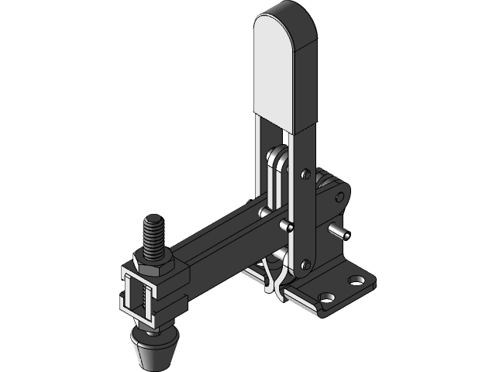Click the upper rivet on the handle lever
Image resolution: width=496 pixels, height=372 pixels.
[305, 173]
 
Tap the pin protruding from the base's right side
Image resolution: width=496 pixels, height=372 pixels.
[339, 231]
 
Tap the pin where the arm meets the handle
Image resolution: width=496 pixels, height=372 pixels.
[288, 226]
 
